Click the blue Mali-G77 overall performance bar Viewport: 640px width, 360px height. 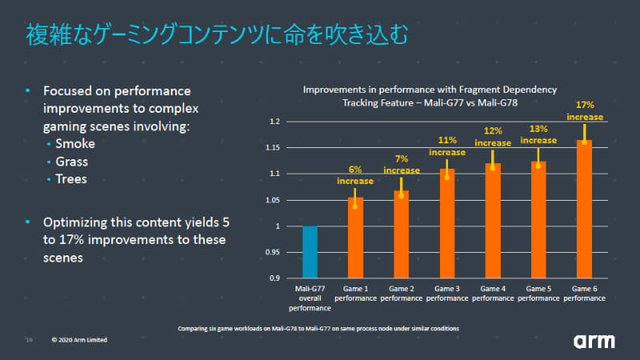[310, 252]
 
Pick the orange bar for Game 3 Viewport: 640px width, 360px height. [446, 224]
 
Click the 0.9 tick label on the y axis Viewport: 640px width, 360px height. [275, 278]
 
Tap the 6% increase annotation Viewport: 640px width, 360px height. [355, 175]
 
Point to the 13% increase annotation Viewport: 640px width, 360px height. [538, 134]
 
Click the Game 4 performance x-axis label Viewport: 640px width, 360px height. [492, 292]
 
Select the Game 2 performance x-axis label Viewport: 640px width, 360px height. [401, 292]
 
